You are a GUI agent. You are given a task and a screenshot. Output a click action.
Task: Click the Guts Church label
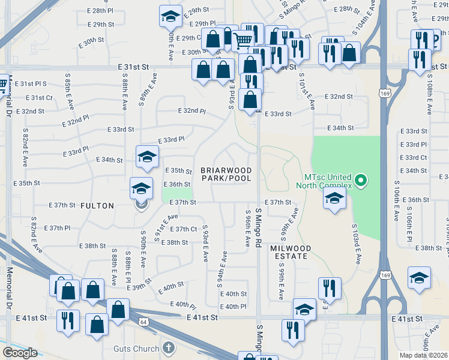[x=136, y=349]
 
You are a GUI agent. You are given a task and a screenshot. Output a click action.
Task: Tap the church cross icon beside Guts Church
[x=169, y=347]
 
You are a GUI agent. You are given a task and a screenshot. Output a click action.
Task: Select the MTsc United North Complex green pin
[x=360, y=179]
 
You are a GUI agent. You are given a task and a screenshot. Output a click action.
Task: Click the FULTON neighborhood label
[x=97, y=206]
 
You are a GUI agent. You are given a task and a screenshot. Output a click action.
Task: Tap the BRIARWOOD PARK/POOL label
[x=226, y=174]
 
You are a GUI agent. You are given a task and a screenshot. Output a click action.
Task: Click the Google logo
[x=20, y=353]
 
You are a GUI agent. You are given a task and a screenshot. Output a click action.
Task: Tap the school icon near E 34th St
[x=146, y=157]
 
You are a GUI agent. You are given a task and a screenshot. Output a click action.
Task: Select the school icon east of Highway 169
[x=419, y=278]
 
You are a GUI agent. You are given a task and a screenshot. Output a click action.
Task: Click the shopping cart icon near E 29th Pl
[x=243, y=40]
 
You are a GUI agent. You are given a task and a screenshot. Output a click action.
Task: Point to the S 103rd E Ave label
[x=358, y=250]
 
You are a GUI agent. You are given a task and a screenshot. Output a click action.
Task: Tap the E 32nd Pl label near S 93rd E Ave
[x=192, y=111]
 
